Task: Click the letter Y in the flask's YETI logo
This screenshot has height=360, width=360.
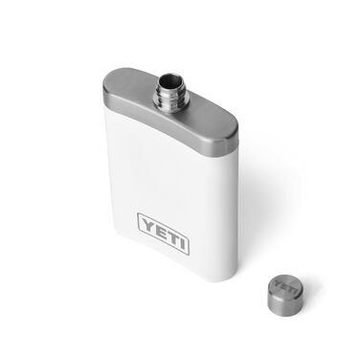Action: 147,226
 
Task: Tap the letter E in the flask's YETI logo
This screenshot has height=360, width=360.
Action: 160,228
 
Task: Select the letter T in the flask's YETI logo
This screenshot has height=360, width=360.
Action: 172,230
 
